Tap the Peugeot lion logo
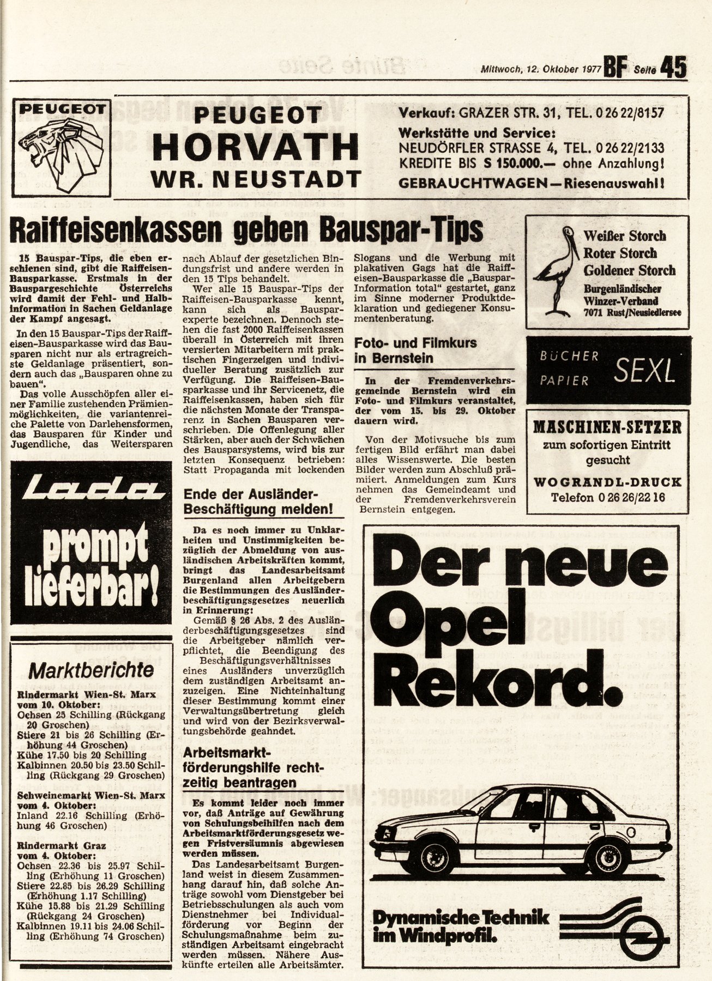(x=61, y=153)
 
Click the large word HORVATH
(x=256, y=147)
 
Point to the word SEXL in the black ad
(x=645, y=370)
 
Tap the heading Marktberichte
(x=91, y=669)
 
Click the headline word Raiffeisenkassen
(x=116, y=231)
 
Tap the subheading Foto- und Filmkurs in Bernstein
(x=416, y=350)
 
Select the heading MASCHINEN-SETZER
(x=607, y=427)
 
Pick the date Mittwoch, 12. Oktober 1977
(x=540, y=70)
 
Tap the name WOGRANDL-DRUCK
(x=607, y=482)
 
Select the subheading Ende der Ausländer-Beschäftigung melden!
(x=258, y=502)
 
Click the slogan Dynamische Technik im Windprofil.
(x=461, y=926)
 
